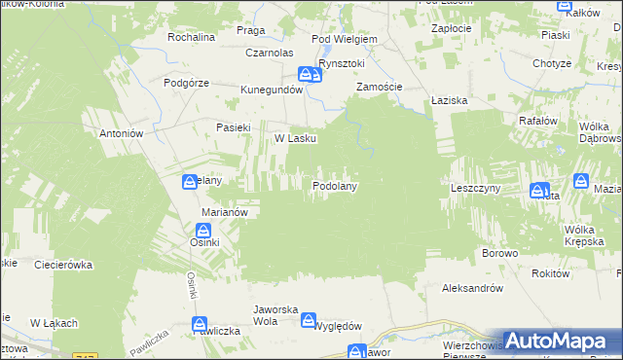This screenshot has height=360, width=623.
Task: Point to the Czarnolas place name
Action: click(x=270, y=53)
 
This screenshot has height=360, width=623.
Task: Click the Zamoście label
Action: click(x=379, y=87)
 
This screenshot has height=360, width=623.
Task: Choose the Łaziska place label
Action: click(x=450, y=100)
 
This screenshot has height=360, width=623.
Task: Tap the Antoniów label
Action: click(x=122, y=133)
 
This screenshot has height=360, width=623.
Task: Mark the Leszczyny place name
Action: click(x=475, y=187)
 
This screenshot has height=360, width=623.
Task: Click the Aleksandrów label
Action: click(x=471, y=288)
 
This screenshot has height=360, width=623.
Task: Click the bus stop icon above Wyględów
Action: click(x=309, y=319)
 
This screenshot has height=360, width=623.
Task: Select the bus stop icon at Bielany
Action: click(x=190, y=181)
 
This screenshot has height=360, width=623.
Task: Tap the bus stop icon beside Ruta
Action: click(x=538, y=191)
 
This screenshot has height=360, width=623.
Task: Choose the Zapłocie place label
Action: click(x=452, y=28)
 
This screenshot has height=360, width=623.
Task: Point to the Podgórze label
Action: click(x=187, y=83)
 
